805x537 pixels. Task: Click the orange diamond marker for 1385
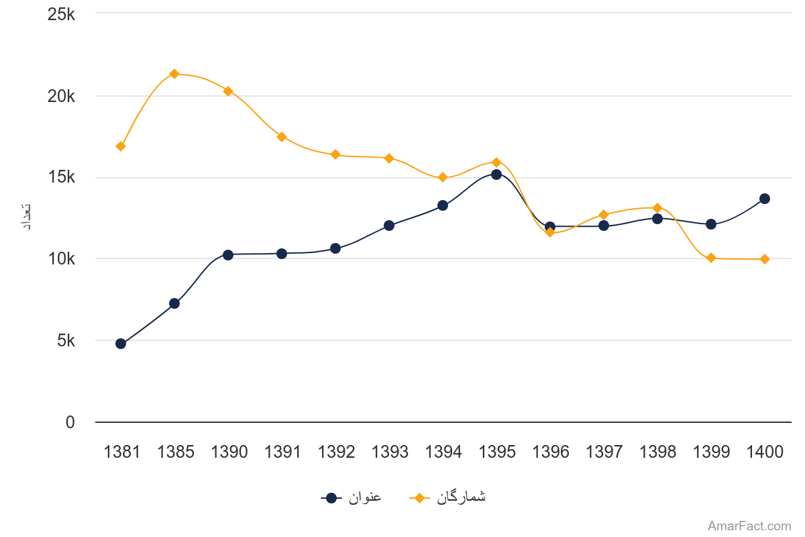click(x=174, y=74)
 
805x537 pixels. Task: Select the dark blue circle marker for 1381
click(x=121, y=344)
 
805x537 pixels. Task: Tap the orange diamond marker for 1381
click(x=121, y=146)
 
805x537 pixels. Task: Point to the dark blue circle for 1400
click(x=765, y=199)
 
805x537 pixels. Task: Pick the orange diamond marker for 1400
click(x=765, y=259)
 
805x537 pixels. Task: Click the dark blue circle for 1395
click(x=496, y=175)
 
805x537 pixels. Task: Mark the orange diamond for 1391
click(x=282, y=137)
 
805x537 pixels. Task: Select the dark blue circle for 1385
click(x=174, y=303)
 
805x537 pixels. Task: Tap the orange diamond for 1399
click(x=711, y=258)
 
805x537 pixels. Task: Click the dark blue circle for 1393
click(x=389, y=226)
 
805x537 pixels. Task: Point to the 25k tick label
click(x=62, y=13)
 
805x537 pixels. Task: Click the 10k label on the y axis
click(x=62, y=259)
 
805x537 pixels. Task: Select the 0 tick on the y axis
click(x=70, y=423)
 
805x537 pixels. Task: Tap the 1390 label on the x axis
click(x=229, y=452)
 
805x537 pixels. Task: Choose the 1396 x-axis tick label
click(x=551, y=452)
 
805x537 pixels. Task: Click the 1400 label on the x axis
click(x=765, y=452)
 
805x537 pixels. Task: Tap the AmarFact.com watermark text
click(x=749, y=526)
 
